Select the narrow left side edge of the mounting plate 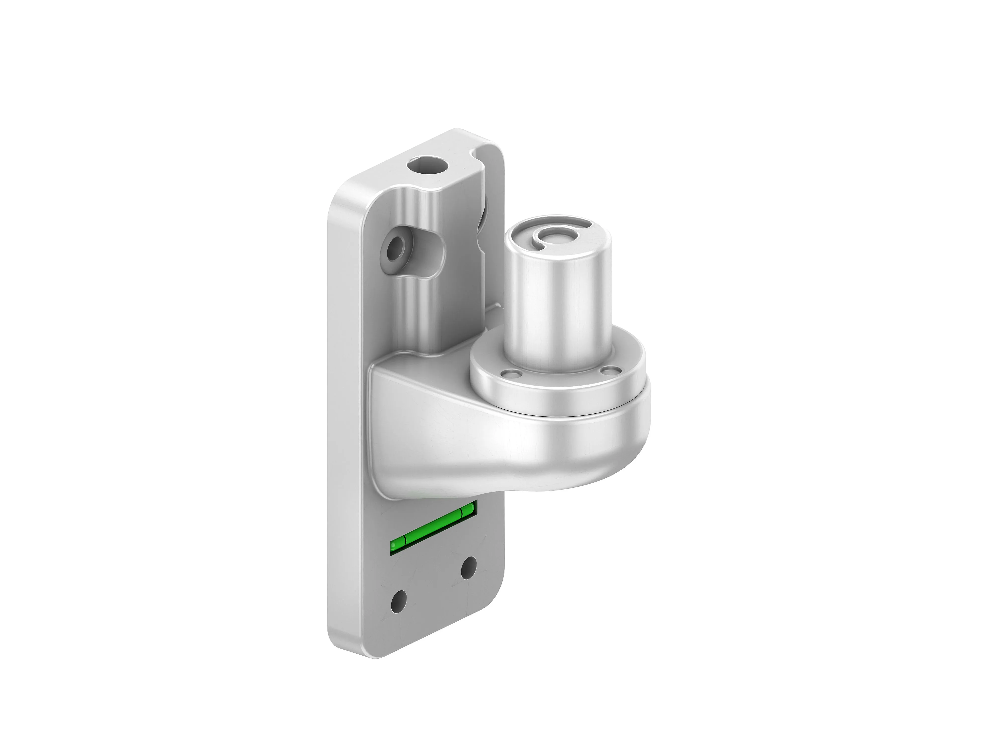(x=335, y=404)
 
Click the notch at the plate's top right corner (x=481, y=150)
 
